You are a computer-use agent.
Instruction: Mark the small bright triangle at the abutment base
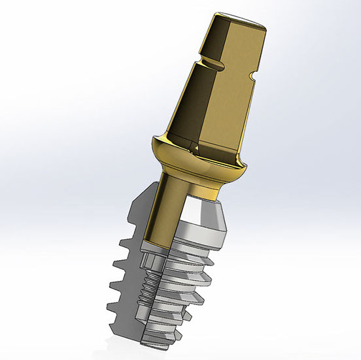point(190,145)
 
